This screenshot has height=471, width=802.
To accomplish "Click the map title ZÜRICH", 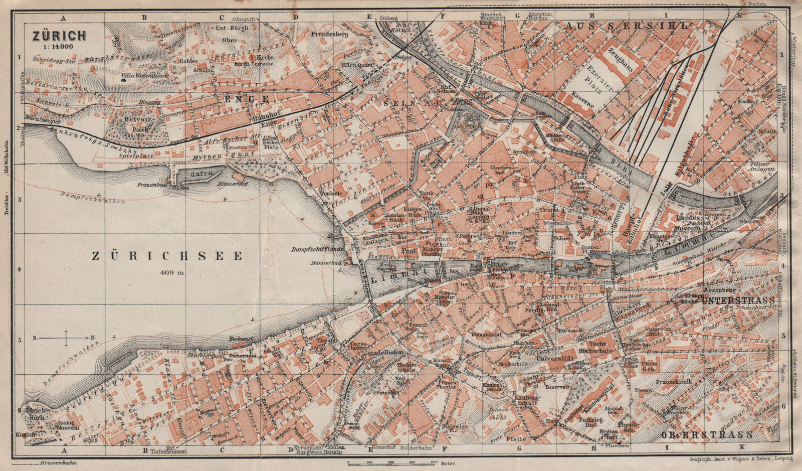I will point(59,36).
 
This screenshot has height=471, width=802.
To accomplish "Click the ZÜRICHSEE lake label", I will point(167,256).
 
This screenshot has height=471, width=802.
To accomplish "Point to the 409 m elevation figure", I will point(173,273).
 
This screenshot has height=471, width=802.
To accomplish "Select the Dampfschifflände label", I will point(317,249).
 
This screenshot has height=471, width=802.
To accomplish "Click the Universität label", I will point(554,359).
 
